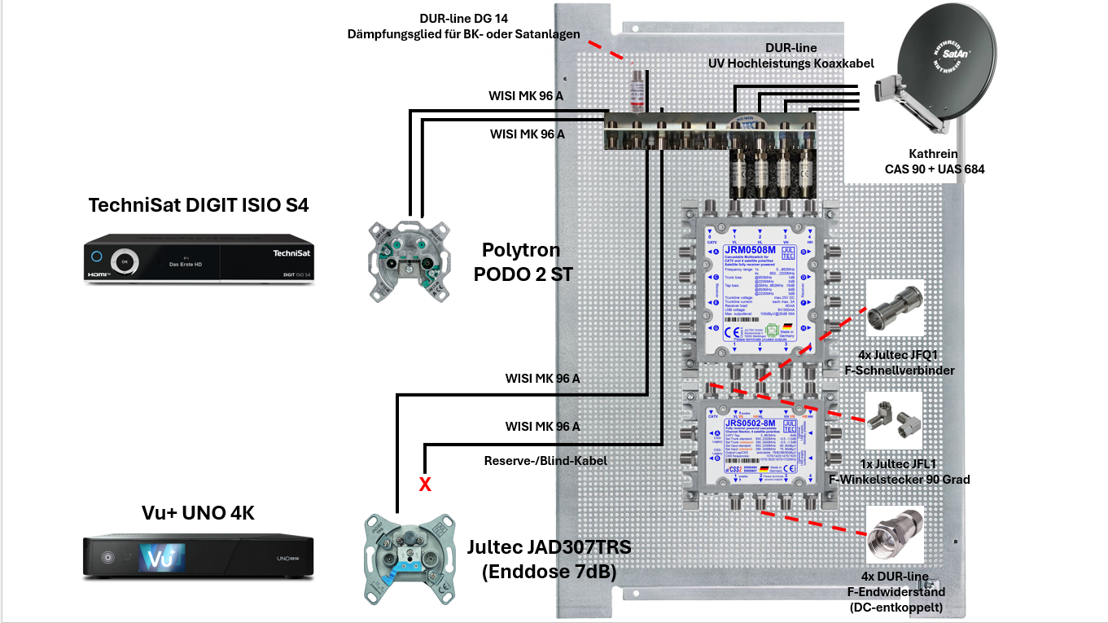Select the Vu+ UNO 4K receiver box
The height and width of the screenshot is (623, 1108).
(x=199, y=557)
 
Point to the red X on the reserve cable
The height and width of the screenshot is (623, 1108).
(x=424, y=485)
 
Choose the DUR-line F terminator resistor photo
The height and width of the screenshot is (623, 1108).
(x=895, y=533)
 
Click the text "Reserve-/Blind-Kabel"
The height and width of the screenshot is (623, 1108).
(x=545, y=461)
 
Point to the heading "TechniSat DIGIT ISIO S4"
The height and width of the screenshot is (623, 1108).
(x=199, y=205)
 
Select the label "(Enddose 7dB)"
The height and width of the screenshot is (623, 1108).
(x=549, y=572)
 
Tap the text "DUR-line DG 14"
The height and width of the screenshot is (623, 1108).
(x=463, y=18)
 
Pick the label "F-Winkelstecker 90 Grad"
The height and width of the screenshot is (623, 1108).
(x=899, y=480)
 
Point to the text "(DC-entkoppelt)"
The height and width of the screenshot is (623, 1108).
(x=895, y=607)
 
